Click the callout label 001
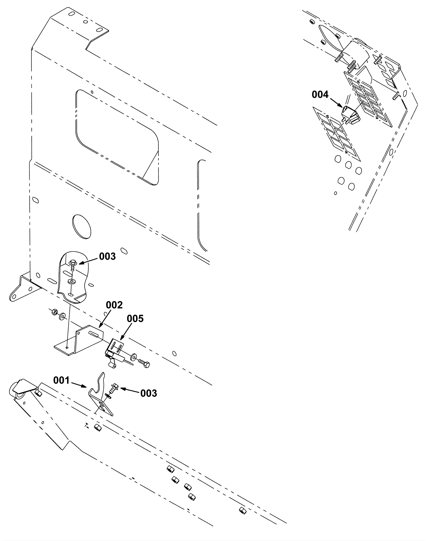(61, 380)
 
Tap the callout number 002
(114, 305)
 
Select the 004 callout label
(320, 95)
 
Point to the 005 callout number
(135, 319)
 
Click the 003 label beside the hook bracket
(149, 393)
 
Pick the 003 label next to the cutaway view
(107, 256)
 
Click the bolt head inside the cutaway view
(72, 263)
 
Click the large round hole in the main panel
(81, 226)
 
